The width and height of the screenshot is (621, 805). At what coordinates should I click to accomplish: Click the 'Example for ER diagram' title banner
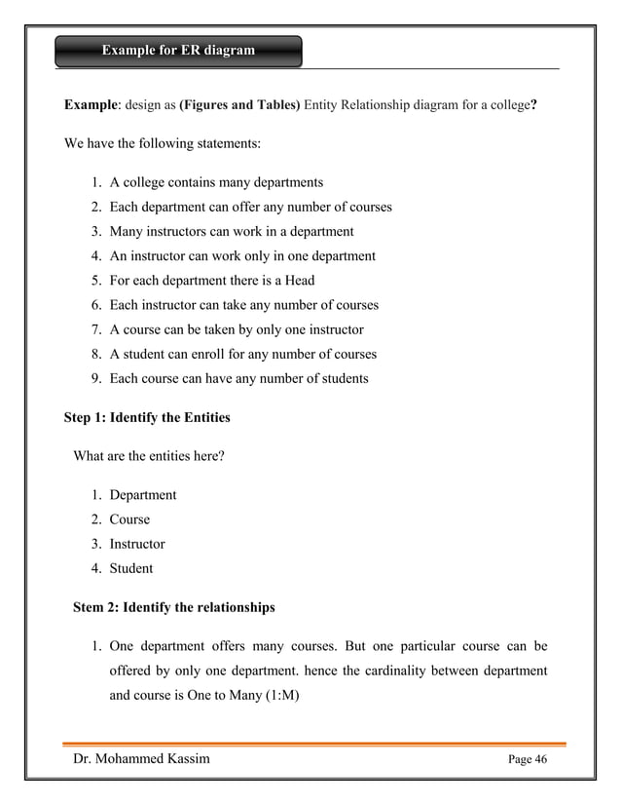coord(178,51)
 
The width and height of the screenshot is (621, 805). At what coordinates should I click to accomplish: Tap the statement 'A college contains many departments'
coord(216,182)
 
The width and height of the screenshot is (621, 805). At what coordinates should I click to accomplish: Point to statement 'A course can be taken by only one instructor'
coord(237,329)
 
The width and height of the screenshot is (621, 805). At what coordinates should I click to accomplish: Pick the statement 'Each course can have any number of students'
coord(238,379)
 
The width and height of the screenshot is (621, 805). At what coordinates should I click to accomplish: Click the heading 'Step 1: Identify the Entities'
coord(147,418)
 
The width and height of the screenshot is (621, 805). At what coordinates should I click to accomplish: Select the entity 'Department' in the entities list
coord(142,495)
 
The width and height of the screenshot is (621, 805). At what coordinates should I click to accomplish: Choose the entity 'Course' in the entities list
coord(129,519)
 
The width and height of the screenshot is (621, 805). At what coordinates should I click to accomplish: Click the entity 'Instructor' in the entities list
coord(137,544)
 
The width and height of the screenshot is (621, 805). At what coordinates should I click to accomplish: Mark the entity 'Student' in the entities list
coord(131,568)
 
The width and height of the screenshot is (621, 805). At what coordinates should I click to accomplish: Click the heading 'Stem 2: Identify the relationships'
coord(174,607)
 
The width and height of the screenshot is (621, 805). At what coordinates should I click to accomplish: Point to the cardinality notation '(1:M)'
coord(288,696)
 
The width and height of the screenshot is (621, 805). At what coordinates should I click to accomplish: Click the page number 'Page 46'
coord(529,760)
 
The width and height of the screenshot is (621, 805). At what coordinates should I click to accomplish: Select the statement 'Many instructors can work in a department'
coord(232,232)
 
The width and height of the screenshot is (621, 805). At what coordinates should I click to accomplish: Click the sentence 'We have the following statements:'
coord(162,144)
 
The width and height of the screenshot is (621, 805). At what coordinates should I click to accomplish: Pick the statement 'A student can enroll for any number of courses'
coord(242,355)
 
